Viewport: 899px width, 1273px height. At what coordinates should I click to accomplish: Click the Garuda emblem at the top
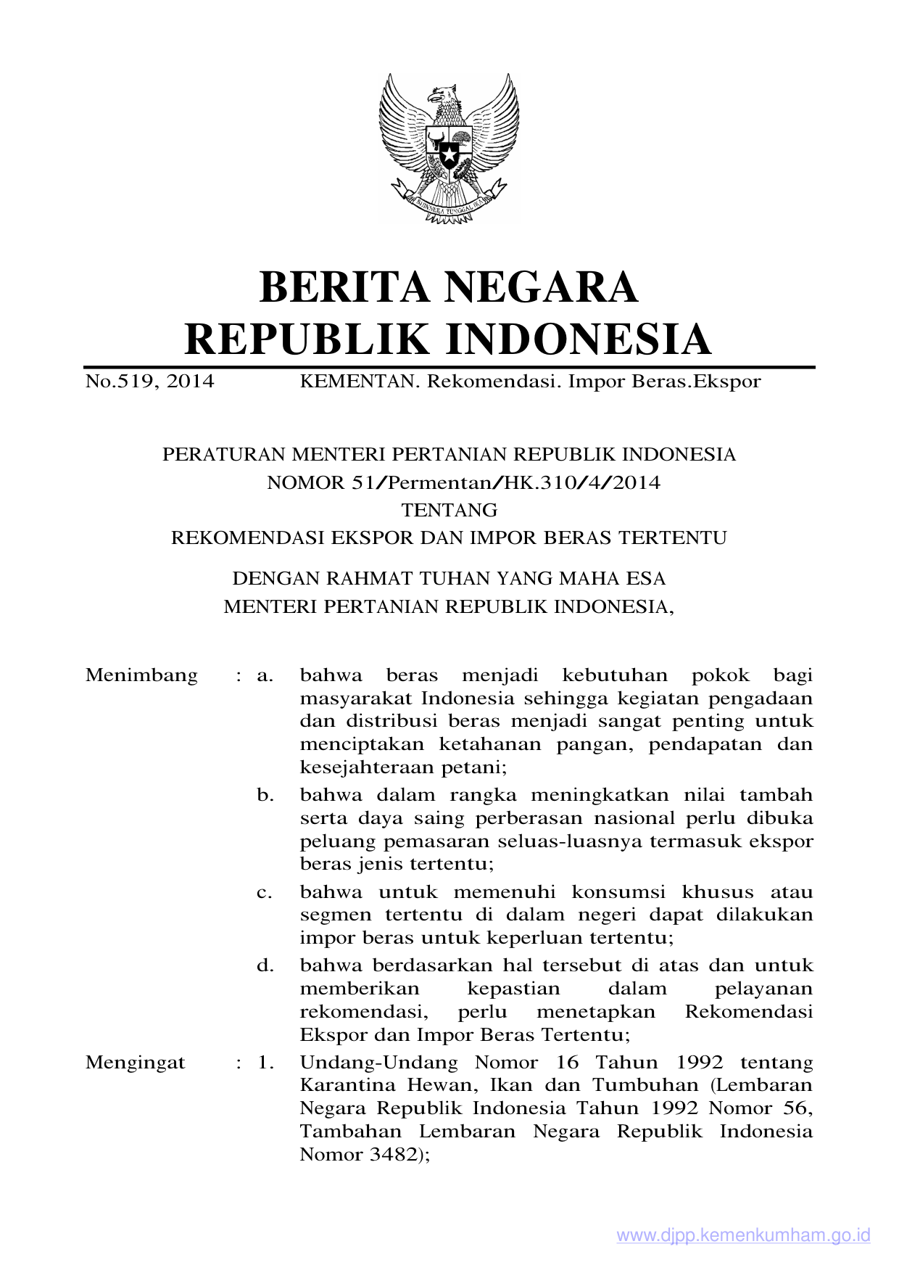(449, 149)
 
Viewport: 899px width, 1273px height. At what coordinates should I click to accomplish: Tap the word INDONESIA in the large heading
(577, 339)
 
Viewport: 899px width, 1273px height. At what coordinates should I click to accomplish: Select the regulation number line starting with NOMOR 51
(463, 482)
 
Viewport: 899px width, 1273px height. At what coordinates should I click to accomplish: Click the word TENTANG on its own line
(449, 510)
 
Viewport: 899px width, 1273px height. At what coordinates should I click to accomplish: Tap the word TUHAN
(456, 578)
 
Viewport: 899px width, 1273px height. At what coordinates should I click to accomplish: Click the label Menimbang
(141, 675)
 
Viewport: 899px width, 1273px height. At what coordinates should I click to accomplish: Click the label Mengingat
(135, 1063)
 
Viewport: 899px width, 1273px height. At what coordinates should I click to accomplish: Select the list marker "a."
(265, 675)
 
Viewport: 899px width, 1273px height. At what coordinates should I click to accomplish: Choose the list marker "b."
(265, 795)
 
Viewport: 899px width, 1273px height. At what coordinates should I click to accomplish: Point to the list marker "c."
(265, 892)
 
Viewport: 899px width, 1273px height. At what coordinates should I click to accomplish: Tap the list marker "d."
(265, 965)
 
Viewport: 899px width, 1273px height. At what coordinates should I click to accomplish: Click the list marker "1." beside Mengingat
(265, 1063)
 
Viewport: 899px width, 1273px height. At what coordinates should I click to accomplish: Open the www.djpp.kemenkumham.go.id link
(743, 1236)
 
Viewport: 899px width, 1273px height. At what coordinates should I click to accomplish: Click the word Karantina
(347, 1085)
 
